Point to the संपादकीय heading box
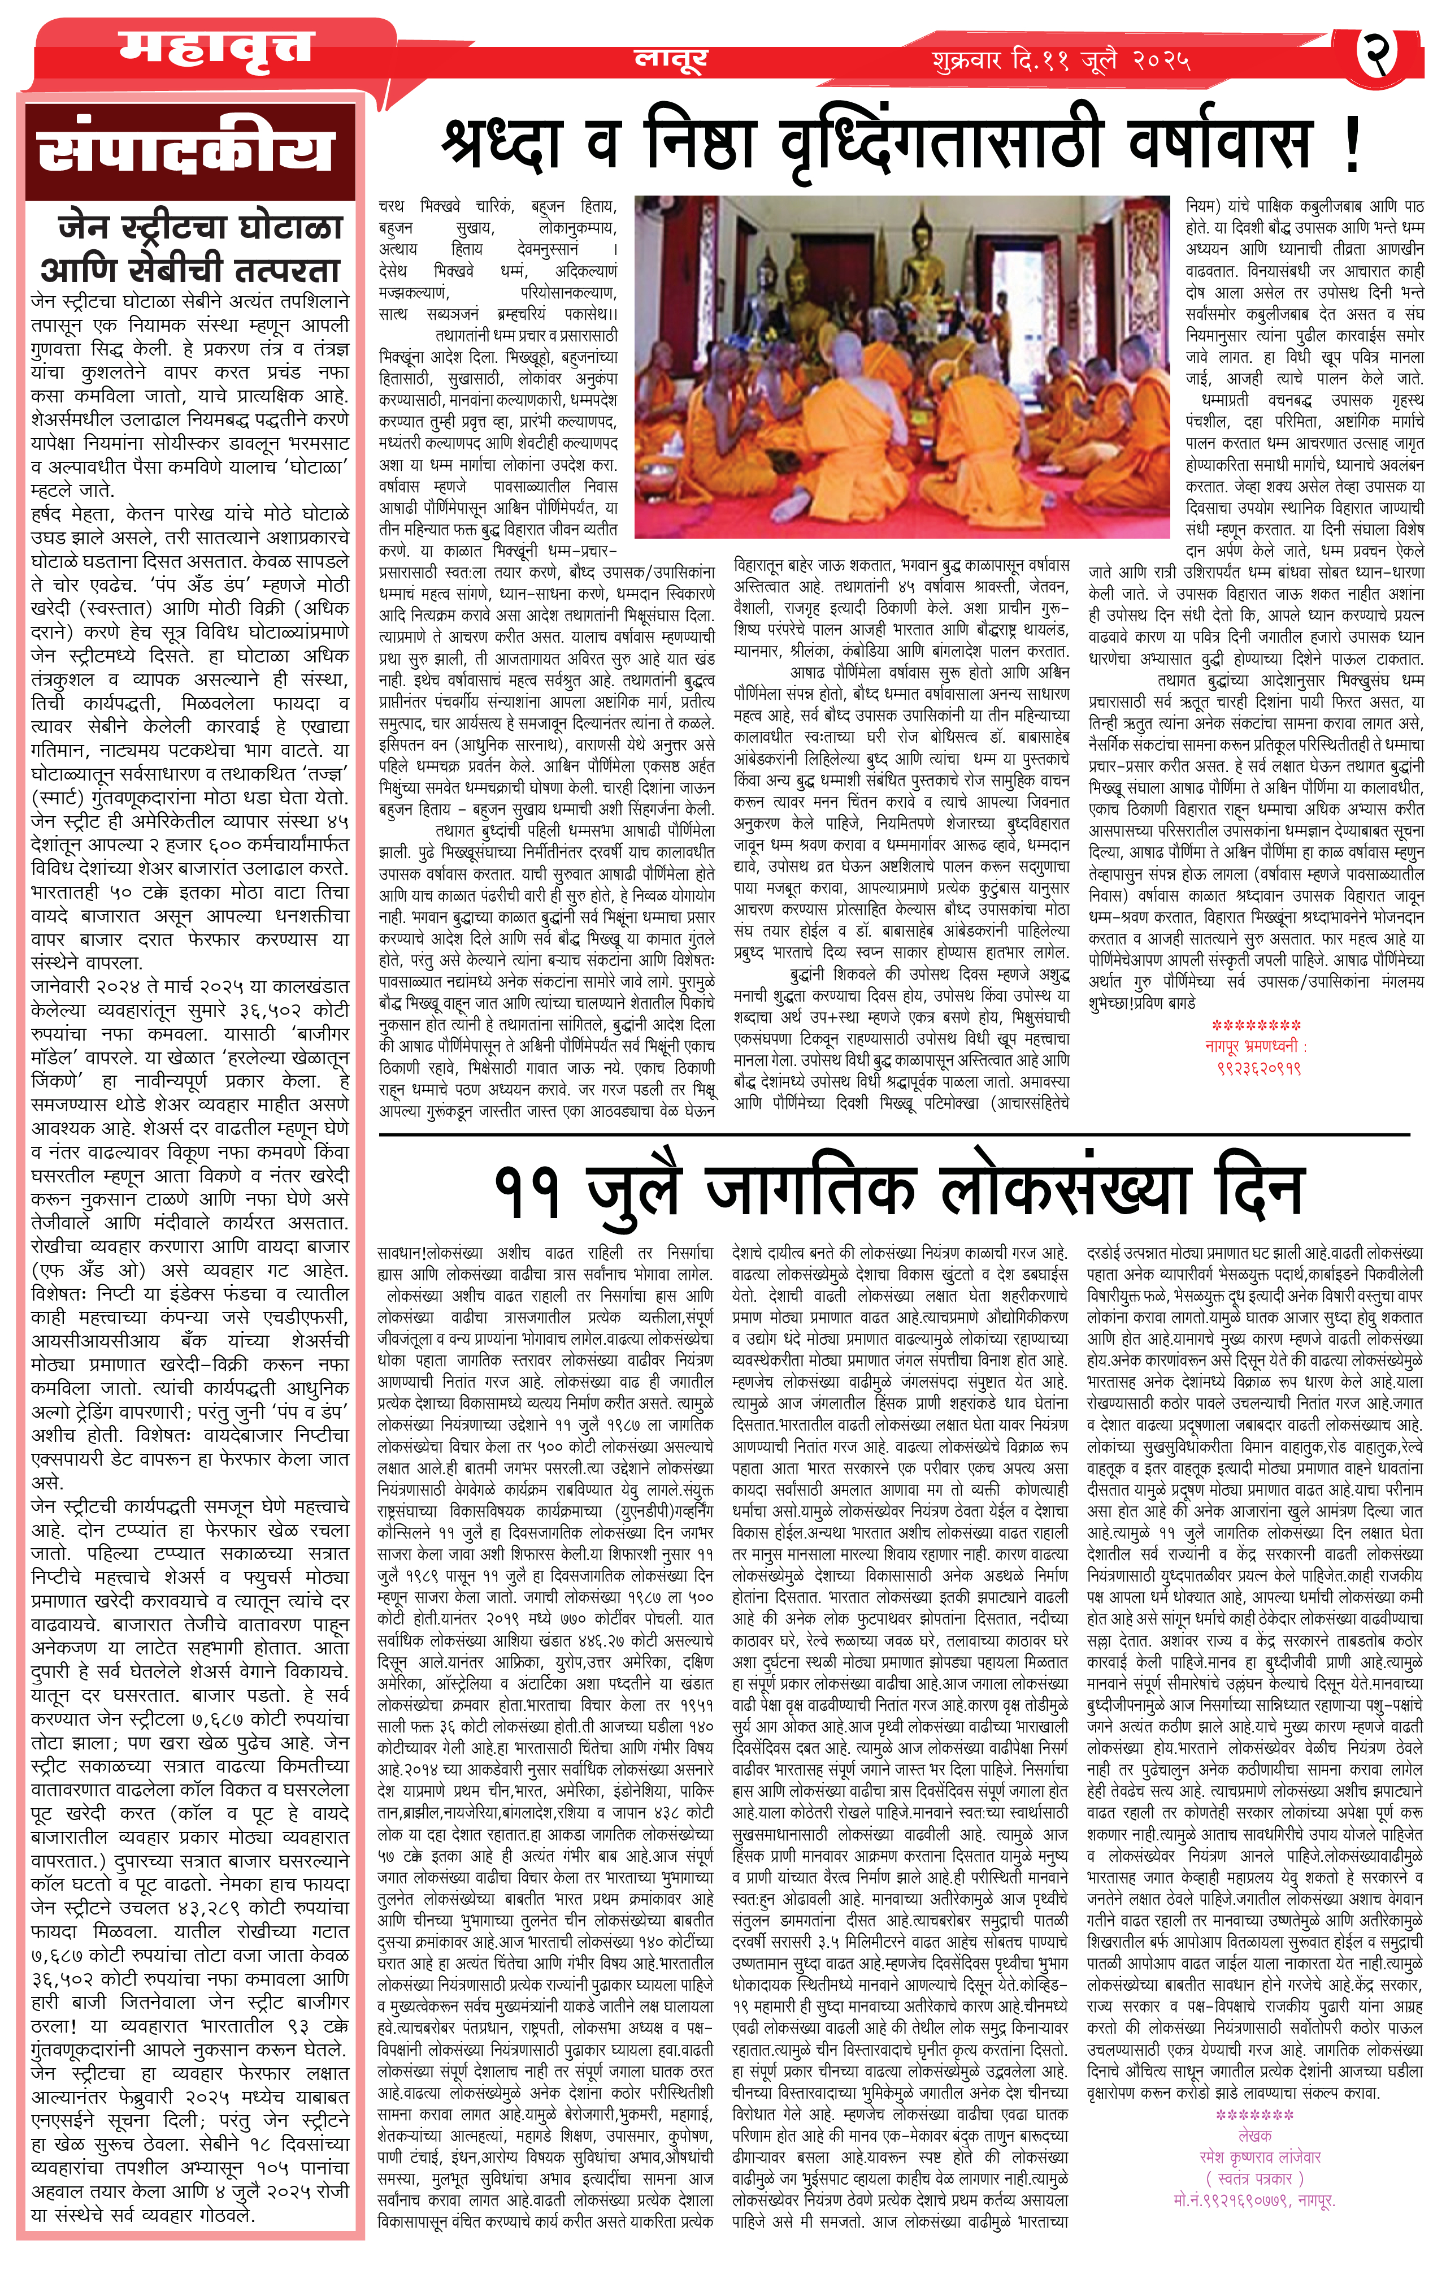click(x=189, y=151)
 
